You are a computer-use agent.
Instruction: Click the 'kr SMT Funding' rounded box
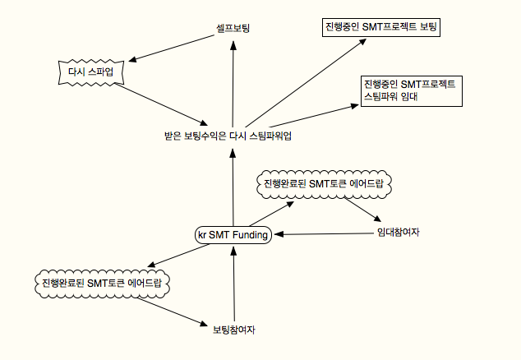click(x=233, y=235)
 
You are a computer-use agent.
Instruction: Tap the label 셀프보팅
click(x=233, y=28)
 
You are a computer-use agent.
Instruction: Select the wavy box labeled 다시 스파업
click(x=91, y=72)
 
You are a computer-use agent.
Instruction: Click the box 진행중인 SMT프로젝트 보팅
click(x=381, y=27)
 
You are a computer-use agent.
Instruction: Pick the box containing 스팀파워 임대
click(x=412, y=91)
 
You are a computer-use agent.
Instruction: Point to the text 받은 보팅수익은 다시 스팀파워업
click(x=228, y=136)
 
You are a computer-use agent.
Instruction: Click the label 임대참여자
click(x=398, y=232)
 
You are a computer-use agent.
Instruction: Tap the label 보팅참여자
click(x=234, y=330)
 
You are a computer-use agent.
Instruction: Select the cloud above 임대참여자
click(x=325, y=184)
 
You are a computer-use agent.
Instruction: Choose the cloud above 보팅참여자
click(x=103, y=284)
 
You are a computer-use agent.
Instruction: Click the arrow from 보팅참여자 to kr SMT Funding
click(x=234, y=284)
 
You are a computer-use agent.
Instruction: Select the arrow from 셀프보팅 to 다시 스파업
click(x=172, y=48)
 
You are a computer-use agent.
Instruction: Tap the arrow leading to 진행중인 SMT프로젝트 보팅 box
click(x=306, y=83)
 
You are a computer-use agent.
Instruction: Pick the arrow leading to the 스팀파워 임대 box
click(x=314, y=116)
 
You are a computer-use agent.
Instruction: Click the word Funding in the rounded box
click(x=250, y=235)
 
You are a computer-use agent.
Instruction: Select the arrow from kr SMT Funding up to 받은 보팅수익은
click(x=233, y=187)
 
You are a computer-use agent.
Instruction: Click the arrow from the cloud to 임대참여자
click(x=362, y=210)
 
